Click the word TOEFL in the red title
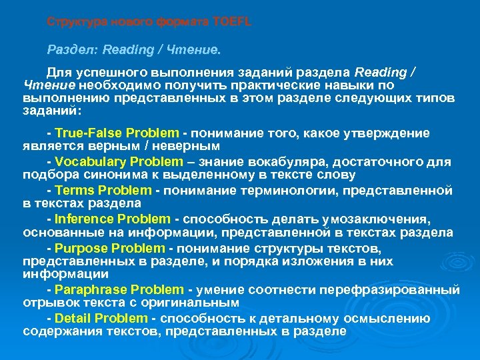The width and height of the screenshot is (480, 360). tap(233, 21)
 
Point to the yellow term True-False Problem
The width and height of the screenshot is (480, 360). tap(117, 133)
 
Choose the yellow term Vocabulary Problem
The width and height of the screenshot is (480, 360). tap(119, 161)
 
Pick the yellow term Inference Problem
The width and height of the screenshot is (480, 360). tap(113, 219)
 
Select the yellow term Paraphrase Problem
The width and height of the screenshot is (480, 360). tap(119, 289)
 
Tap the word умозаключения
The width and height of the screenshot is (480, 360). tap(376, 219)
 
